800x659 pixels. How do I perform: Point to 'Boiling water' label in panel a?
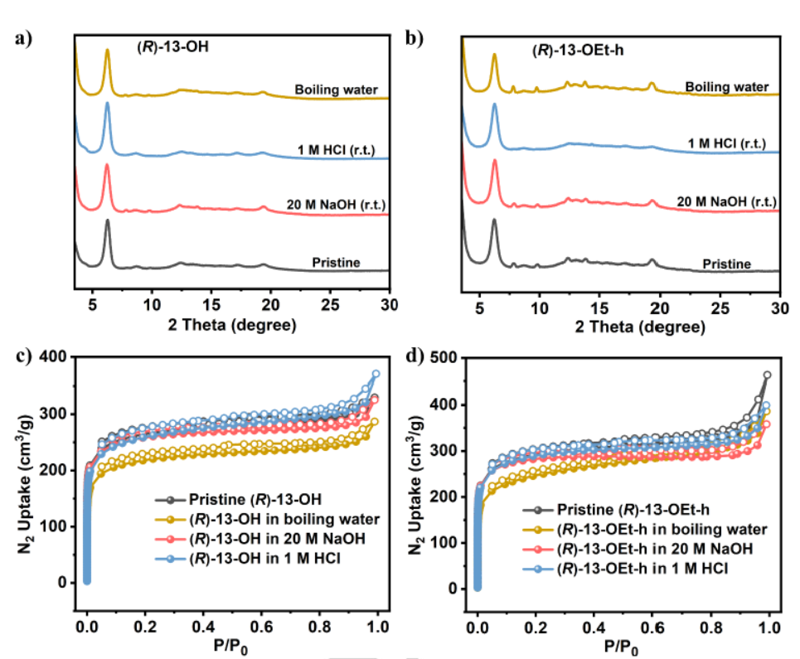click(x=337, y=90)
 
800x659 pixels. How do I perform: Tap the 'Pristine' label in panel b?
click(x=726, y=264)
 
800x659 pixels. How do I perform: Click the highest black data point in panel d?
click(x=767, y=375)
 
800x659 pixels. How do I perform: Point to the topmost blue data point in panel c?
click(x=376, y=374)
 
